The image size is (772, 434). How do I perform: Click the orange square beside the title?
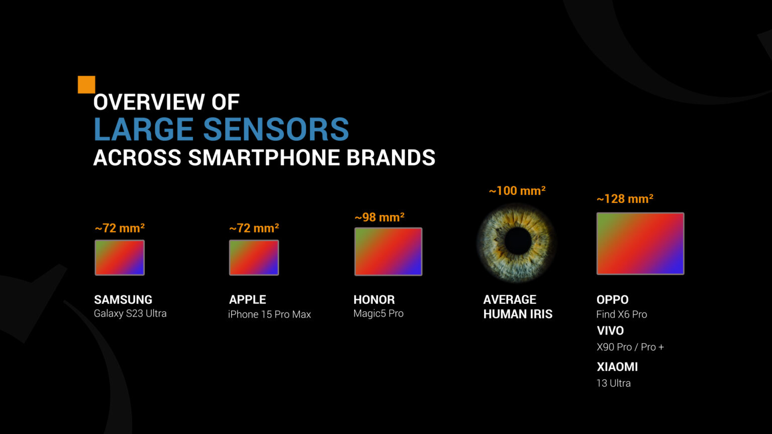coord(86,85)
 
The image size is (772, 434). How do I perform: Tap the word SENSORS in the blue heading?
coord(276,130)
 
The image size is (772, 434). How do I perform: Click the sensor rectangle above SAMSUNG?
coord(120,258)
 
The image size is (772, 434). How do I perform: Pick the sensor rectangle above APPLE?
coord(254,258)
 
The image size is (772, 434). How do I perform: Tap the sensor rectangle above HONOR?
coord(388,252)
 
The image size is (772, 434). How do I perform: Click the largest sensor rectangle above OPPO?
coord(640,244)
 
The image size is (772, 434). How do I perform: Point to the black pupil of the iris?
coord(518,242)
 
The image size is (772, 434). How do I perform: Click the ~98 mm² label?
coord(379,218)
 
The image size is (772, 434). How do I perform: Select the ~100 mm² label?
coord(517,191)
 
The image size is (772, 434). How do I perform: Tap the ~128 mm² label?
coord(625,199)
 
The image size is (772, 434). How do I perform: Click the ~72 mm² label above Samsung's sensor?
coord(120,228)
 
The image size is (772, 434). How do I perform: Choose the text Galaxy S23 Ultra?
coord(130,313)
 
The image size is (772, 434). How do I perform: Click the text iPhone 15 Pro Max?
coord(269,314)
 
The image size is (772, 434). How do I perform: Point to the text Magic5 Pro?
coord(378,313)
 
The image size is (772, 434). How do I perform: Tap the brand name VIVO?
coord(610,331)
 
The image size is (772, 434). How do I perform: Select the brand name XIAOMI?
coord(617,367)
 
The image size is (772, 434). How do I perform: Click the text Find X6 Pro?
coord(622,314)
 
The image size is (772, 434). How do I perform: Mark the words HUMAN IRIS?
coord(518,314)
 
